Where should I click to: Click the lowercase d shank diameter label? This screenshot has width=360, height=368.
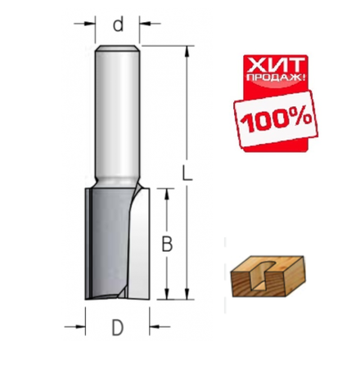pos(119,25)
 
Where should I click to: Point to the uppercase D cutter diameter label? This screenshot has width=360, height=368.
pos(119,329)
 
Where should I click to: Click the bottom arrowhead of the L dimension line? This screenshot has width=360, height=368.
pos(189,298)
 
